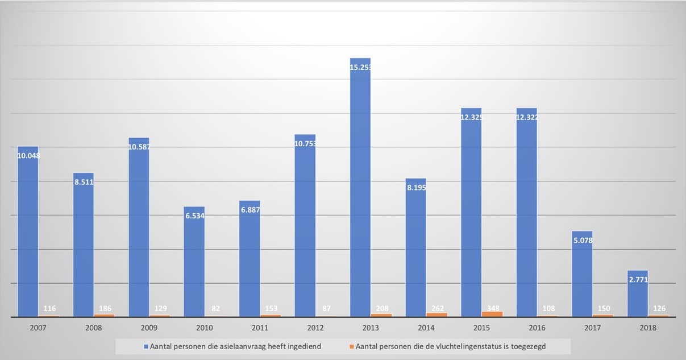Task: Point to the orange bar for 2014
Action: (x=437, y=315)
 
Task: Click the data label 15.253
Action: (x=360, y=67)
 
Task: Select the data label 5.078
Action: (x=582, y=239)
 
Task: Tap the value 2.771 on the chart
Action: (x=637, y=279)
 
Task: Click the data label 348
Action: (x=493, y=308)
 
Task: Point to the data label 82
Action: (x=215, y=308)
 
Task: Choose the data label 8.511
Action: (x=84, y=182)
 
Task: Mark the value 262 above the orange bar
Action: (x=437, y=308)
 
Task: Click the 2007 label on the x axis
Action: (x=39, y=328)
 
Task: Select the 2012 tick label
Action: (x=315, y=328)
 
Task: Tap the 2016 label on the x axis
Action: (x=537, y=328)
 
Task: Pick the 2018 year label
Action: (x=648, y=328)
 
